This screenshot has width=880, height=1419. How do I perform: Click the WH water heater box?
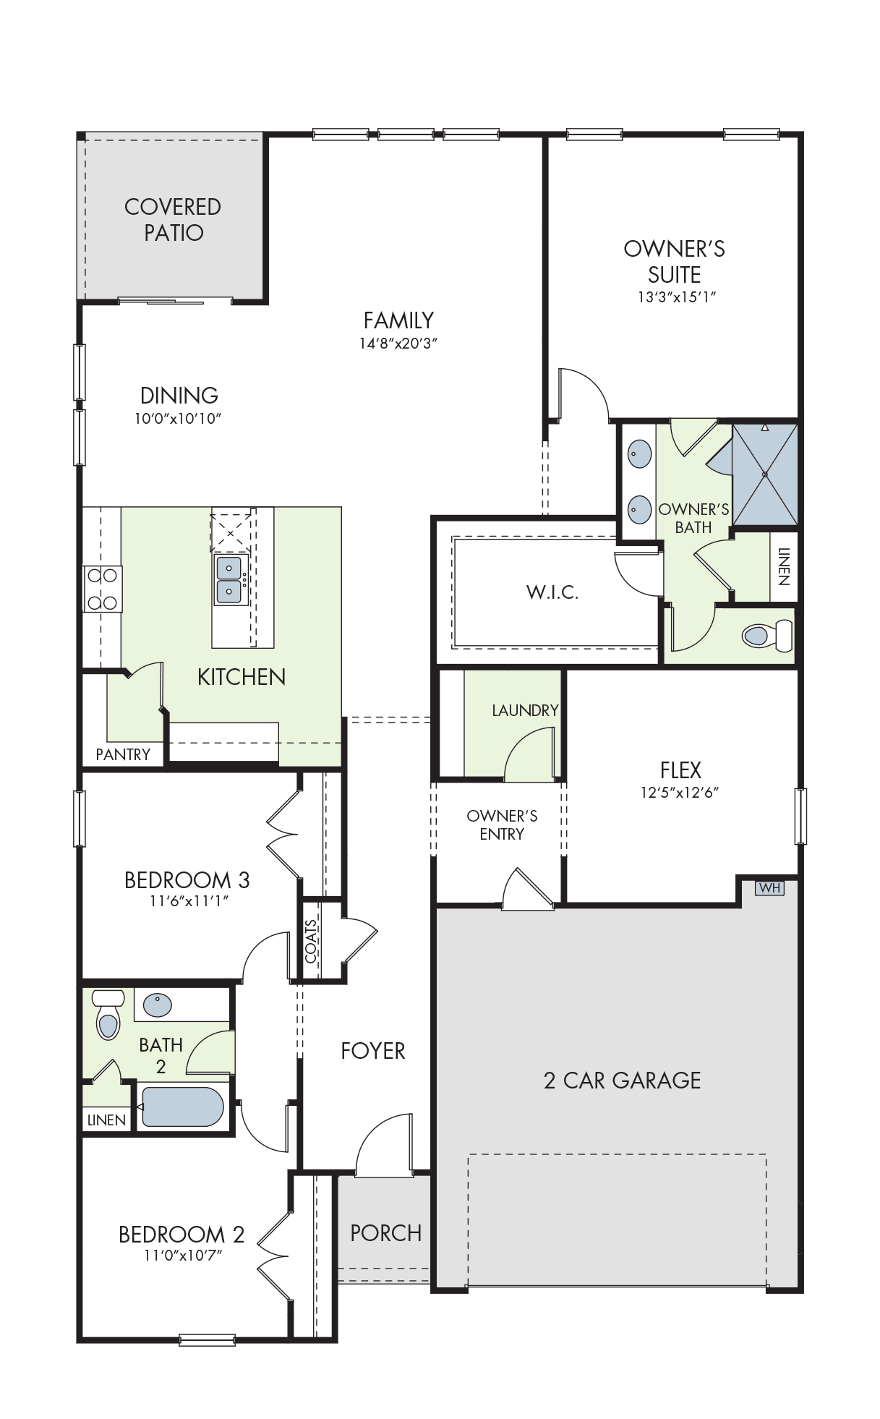click(769, 887)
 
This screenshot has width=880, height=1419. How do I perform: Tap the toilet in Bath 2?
click(108, 1014)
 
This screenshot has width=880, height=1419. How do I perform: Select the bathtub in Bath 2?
click(182, 1107)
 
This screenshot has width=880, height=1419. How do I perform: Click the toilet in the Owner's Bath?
click(767, 636)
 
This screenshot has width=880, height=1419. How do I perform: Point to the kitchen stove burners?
click(102, 589)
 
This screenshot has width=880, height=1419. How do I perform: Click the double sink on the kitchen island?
click(229, 580)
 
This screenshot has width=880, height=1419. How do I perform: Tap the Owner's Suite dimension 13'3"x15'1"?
click(676, 297)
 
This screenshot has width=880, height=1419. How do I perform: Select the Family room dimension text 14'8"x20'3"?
click(398, 344)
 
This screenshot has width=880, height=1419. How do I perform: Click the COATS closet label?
click(311, 942)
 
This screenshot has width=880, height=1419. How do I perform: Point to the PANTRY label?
click(123, 754)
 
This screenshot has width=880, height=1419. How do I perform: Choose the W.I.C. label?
click(552, 592)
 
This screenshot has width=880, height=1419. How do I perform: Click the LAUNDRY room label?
click(525, 710)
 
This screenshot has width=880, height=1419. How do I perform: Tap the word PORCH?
click(385, 1233)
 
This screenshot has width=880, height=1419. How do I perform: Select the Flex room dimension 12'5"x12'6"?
click(680, 793)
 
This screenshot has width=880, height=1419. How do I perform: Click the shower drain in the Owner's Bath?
click(765, 474)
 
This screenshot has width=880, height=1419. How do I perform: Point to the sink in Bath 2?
click(158, 1005)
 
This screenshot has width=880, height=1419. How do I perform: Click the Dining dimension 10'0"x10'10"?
click(178, 419)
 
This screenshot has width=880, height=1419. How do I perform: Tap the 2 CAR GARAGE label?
click(622, 1081)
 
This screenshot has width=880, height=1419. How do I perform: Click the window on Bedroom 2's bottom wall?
click(207, 1340)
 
